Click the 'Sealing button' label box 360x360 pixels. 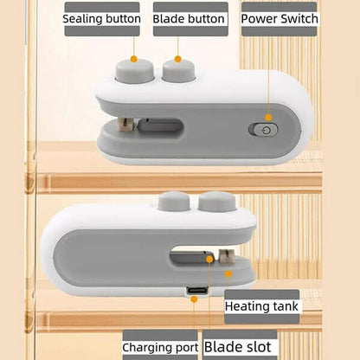(x=102, y=18)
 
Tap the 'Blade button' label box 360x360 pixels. (x=190, y=18)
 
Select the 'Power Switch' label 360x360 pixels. (x=279, y=18)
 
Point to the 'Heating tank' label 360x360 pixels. (x=261, y=306)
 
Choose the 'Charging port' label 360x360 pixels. (x=160, y=347)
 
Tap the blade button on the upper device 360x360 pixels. (x=178, y=70)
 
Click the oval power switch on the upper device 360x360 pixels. (x=264, y=130)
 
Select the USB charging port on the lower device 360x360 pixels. (x=193, y=290)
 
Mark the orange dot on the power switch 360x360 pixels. (x=268, y=117)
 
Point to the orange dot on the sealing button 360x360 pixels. (x=133, y=59)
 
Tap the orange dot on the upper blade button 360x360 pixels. (x=179, y=59)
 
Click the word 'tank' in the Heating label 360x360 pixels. (x=283, y=306)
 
